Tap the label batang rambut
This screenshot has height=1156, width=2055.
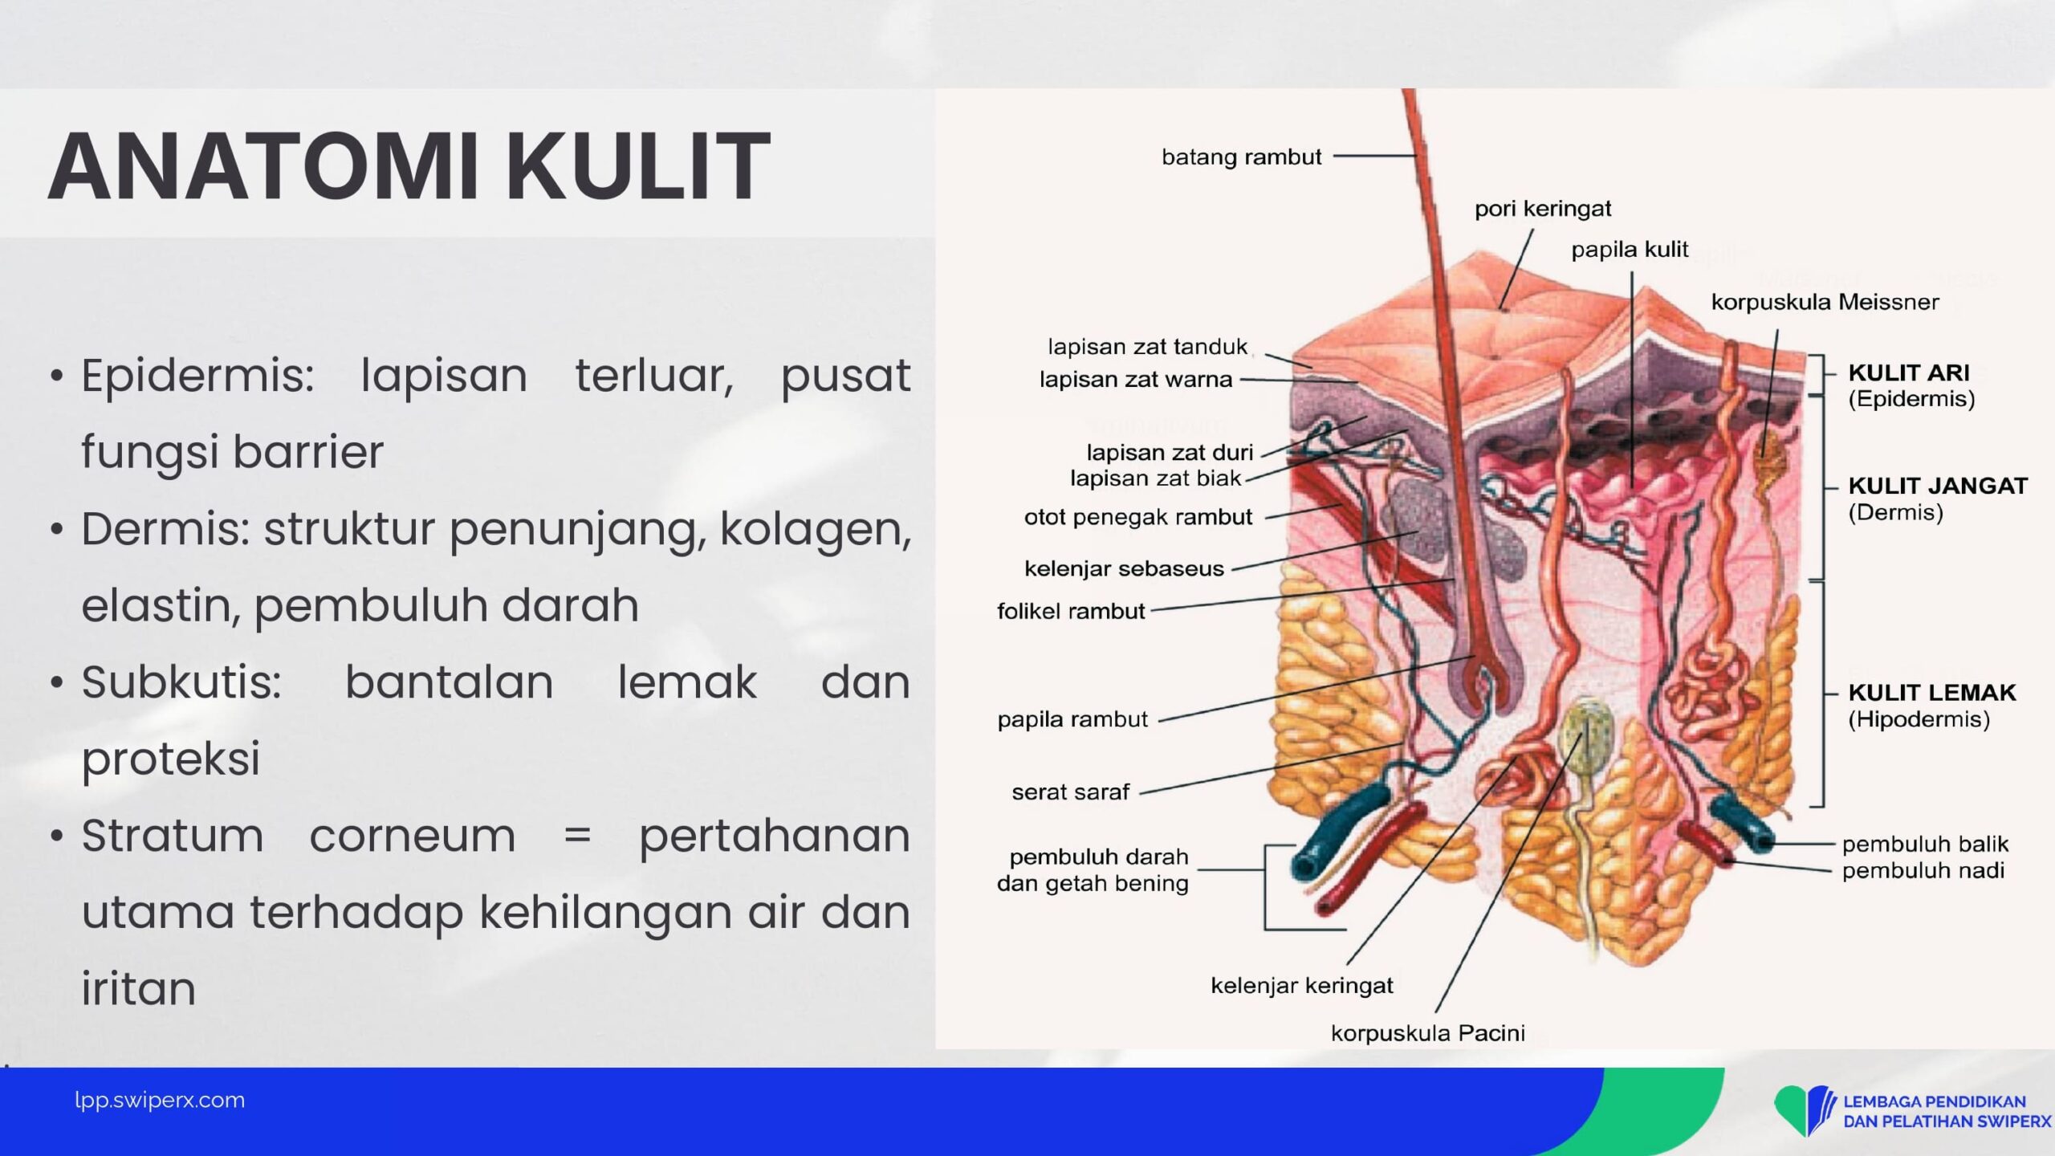(x=1241, y=157)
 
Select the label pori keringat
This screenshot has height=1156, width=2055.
(x=1543, y=209)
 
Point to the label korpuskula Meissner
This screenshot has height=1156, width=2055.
(x=1825, y=302)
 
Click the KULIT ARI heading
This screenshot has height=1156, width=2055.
(x=1909, y=372)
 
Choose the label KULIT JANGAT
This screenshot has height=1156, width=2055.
(x=1938, y=486)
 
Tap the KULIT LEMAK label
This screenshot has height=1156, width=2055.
(x=1932, y=692)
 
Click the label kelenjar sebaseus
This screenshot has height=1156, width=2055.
(x=1124, y=568)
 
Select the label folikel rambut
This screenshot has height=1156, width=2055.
(x=1071, y=611)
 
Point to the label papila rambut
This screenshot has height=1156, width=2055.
(x=1072, y=719)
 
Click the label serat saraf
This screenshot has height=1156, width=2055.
(x=1070, y=792)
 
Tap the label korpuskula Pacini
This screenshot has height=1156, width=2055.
(x=1428, y=1033)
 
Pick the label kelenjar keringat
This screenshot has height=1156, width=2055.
(x=1302, y=986)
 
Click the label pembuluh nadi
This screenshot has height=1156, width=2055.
(x=1923, y=870)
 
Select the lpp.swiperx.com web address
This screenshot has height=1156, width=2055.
(x=160, y=1101)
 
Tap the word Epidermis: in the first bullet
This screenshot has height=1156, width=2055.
(x=197, y=376)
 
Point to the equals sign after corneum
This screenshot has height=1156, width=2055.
(x=577, y=836)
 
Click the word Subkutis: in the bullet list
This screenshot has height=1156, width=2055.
(x=181, y=682)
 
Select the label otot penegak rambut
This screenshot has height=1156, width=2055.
(x=1137, y=517)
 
